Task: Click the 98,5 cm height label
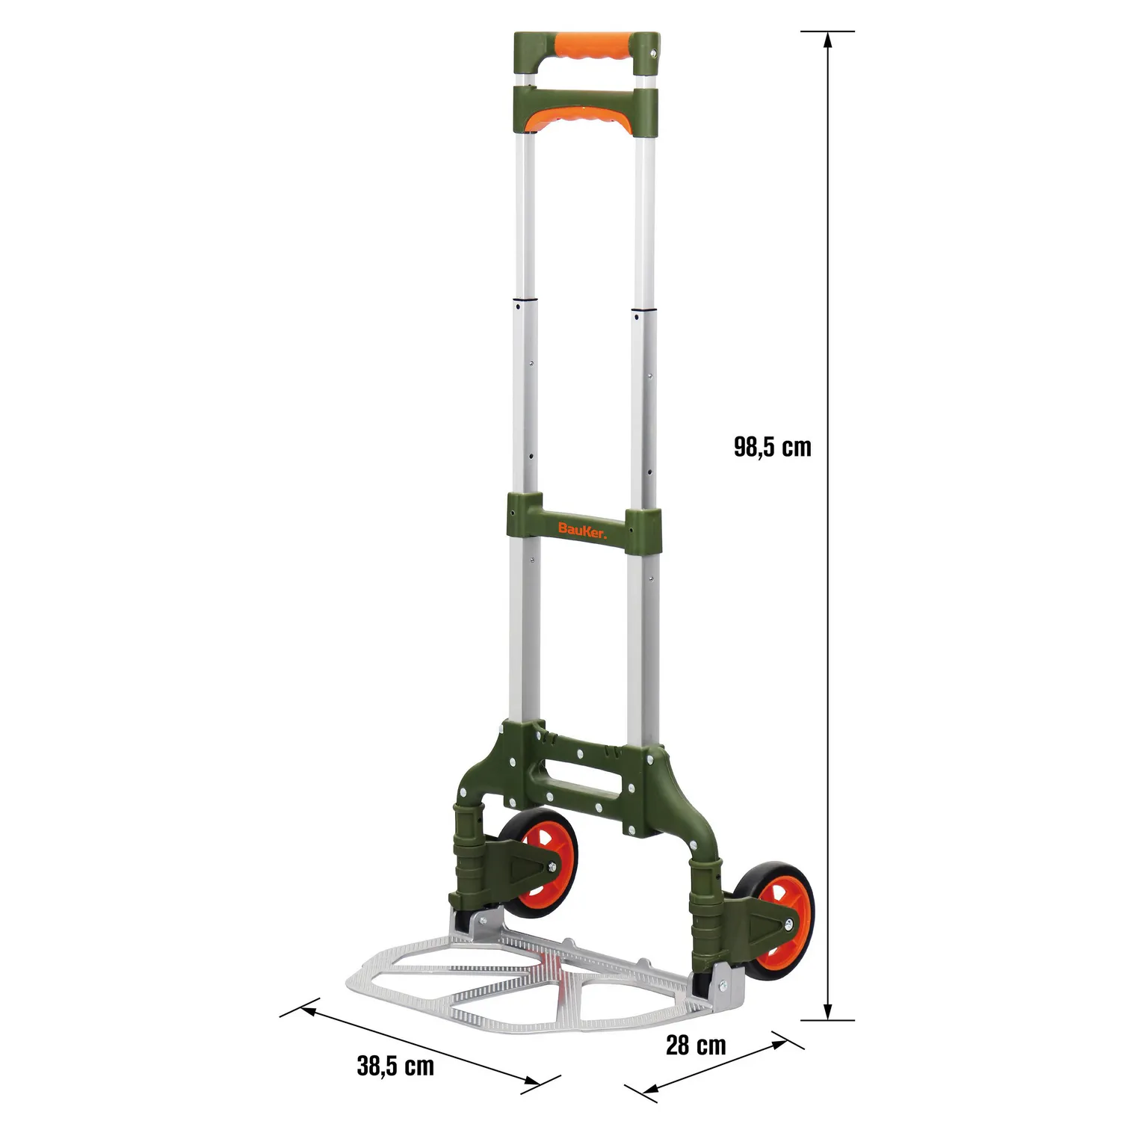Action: tap(772, 447)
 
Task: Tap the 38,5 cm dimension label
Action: tap(395, 1066)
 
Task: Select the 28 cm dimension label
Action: tap(696, 1045)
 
